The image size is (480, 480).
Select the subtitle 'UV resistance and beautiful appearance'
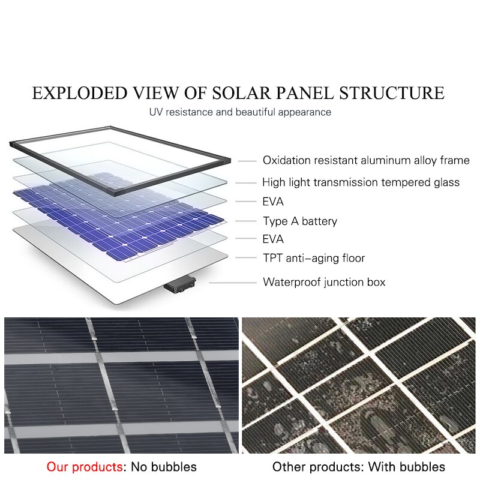click(x=240, y=112)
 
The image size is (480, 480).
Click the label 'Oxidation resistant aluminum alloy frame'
click(x=366, y=160)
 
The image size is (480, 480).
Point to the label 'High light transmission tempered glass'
click(x=361, y=182)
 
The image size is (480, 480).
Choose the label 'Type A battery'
click(x=300, y=221)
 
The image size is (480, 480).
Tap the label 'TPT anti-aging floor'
click(x=314, y=258)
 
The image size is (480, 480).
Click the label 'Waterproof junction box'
click(x=324, y=282)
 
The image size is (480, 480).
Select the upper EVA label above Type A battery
click(x=273, y=202)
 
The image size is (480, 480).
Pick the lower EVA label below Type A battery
click(x=273, y=239)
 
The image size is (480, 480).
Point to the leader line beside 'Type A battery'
click(x=244, y=221)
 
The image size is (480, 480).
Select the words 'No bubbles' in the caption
click(x=164, y=467)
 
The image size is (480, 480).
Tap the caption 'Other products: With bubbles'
click(x=359, y=467)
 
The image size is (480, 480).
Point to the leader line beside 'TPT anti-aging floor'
click(x=246, y=259)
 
